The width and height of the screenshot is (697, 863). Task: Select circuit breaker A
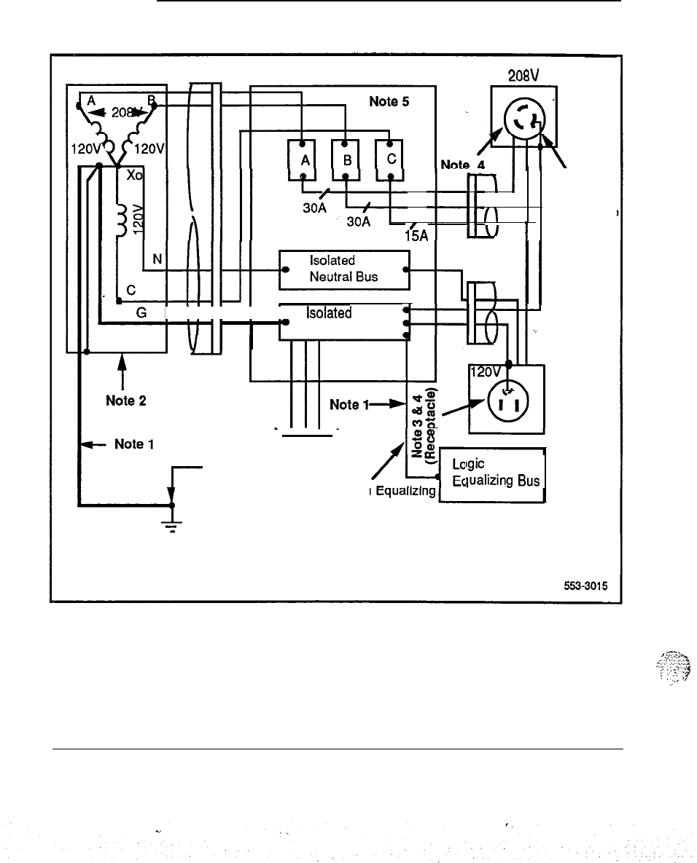tap(302, 160)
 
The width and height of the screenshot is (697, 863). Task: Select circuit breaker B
tap(346, 160)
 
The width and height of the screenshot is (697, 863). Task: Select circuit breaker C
tap(390, 160)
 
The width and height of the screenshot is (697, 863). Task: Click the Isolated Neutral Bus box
tap(345, 269)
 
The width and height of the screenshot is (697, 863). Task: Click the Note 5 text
tap(390, 102)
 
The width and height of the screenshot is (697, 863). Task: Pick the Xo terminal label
tap(136, 176)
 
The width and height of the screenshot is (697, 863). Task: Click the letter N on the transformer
tap(157, 259)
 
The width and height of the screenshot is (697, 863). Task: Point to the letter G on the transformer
tap(141, 312)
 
